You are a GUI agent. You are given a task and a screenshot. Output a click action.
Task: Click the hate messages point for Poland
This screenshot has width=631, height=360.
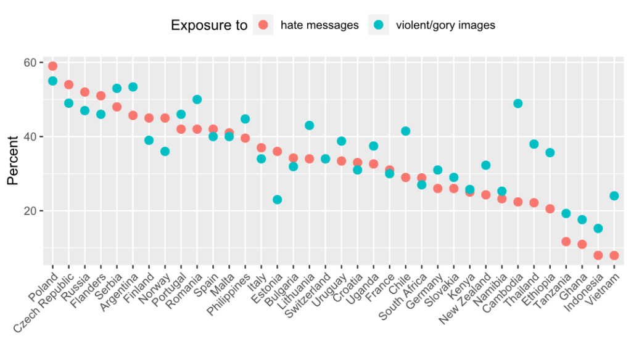point(52,66)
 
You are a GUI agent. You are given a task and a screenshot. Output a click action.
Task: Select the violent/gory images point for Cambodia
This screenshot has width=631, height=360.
point(518,104)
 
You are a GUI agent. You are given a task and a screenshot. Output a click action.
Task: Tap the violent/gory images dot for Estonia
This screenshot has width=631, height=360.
point(278,200)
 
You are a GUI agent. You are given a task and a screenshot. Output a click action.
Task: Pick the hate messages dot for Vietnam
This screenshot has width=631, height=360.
point(614,255)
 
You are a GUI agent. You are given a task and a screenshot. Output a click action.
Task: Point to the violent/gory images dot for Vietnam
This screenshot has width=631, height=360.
point(614,196)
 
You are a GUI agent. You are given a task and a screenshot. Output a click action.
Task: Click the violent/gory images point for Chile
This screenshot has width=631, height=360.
point(406,131)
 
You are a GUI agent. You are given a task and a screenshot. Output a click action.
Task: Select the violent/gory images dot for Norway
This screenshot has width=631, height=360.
point(165,152)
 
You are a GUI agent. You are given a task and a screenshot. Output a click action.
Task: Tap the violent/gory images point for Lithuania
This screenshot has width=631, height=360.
point(310,126)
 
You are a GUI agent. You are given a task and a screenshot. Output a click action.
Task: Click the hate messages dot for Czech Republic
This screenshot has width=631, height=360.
point(68,84)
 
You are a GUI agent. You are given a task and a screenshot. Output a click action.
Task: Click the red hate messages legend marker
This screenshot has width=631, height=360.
point(263,25)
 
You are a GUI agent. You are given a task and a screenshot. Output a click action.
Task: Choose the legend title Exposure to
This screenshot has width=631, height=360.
point(208,25)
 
